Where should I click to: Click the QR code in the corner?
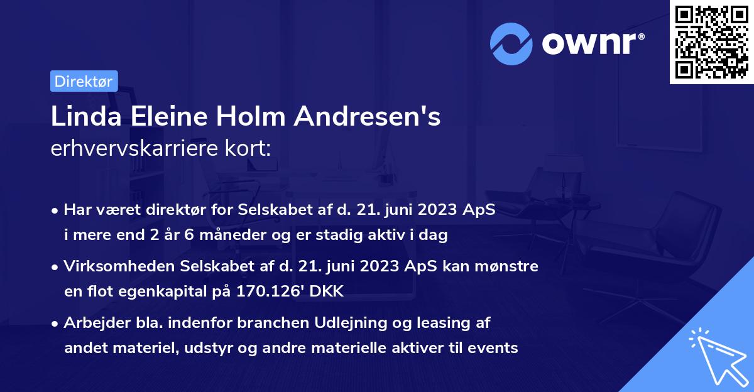pyautogui.click(x=711, y=41)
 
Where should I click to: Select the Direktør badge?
pyautogui.click(x=84, y=81)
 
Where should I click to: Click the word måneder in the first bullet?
pyautogui.click(x=230, y=235)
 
